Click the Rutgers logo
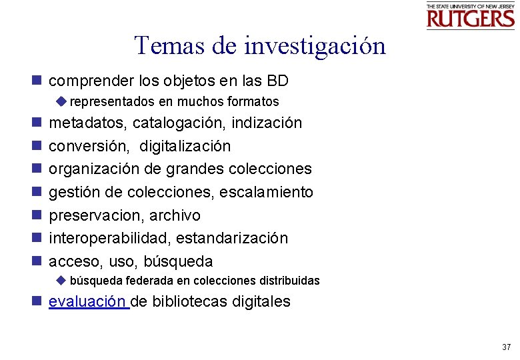471,16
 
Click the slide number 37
506,347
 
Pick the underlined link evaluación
88,301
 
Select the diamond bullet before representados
62,102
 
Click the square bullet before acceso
37,261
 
